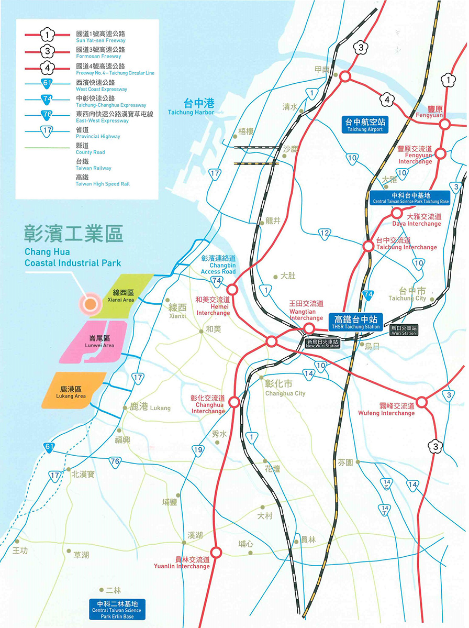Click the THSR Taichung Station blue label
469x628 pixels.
[356, 322]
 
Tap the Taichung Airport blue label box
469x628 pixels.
[364, 125]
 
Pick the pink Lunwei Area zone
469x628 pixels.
[97, 341]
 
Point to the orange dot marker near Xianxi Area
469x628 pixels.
[90, 302]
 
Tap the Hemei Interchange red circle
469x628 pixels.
[232, 289]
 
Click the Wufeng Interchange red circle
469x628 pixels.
[422, 402]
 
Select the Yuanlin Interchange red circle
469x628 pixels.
[216, 551]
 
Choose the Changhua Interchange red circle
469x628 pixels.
[234, 402]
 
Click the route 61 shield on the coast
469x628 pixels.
[49, 447]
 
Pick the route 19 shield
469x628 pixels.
[198, 449]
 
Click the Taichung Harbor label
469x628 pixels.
[191, 107]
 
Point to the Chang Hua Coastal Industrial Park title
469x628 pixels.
[73, 245]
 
